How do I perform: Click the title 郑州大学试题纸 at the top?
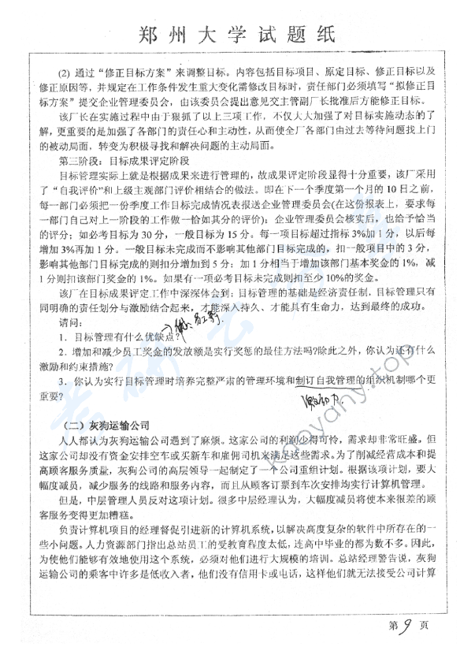[230, 35]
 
